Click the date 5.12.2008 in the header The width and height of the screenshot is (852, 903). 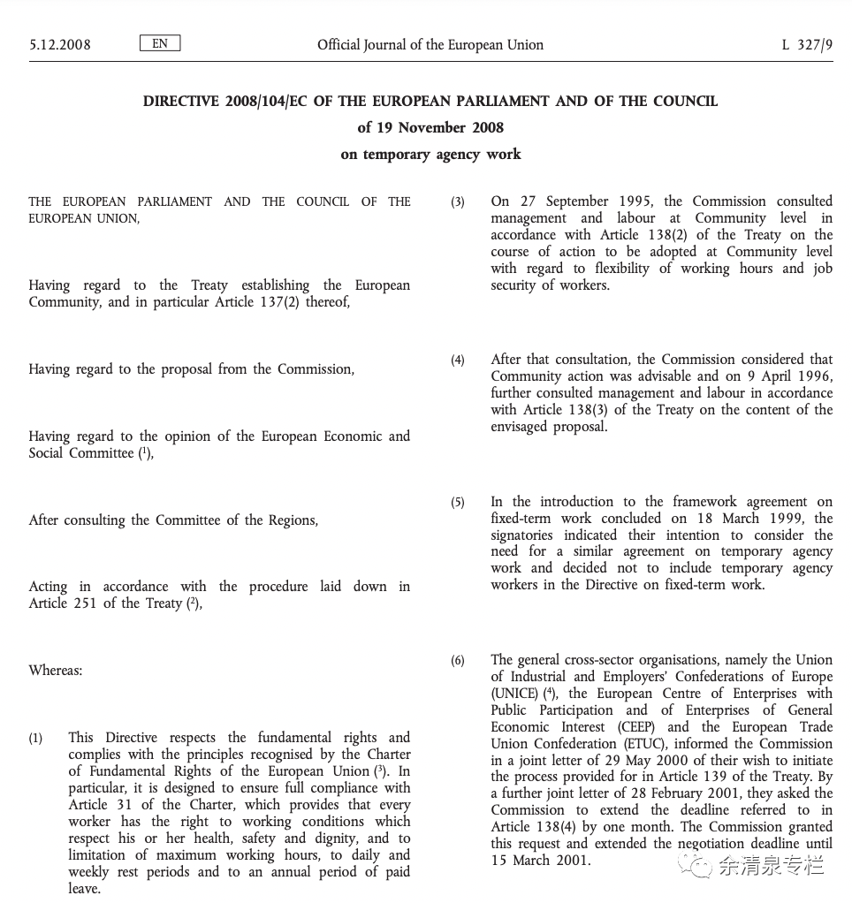(60, 44)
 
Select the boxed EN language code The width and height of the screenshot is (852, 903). (160, 42)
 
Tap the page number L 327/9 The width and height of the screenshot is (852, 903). (807, 44)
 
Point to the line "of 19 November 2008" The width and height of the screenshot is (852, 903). (430, 127)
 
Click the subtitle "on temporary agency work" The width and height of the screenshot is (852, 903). (430, 154)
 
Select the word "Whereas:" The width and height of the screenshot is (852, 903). (56, 671)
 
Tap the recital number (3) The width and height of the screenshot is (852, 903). (458, 202)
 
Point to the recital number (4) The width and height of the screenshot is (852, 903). (458, 360)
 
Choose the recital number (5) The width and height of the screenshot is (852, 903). (458, 503)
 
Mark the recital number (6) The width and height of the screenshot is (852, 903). (458, 661)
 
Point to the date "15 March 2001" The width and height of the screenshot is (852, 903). (539, 861)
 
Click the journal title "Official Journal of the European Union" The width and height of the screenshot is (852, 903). (430, 44)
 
